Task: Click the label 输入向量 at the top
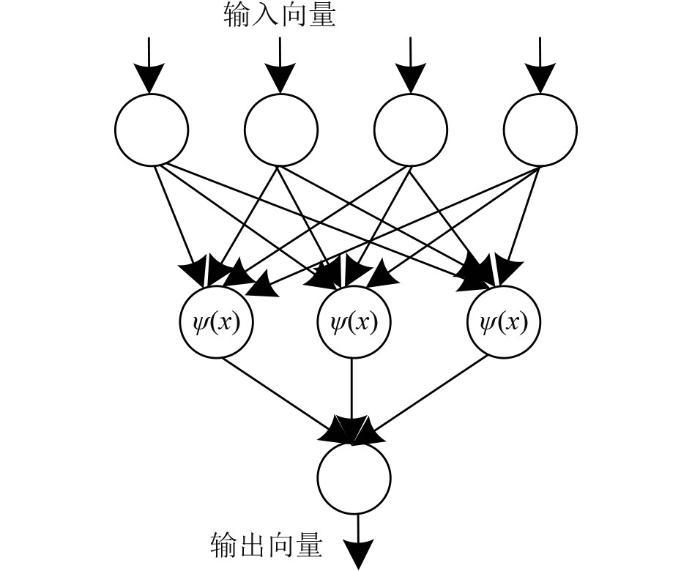click(279, 15)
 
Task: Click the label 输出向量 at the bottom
click(265, 545)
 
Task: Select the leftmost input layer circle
click(151, 130)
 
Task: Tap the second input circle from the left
click(280, 130)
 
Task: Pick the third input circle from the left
click(410, 130)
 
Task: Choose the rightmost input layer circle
click(540, 130)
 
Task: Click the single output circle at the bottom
click(354, 479)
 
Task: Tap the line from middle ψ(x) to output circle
click(353, 388)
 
